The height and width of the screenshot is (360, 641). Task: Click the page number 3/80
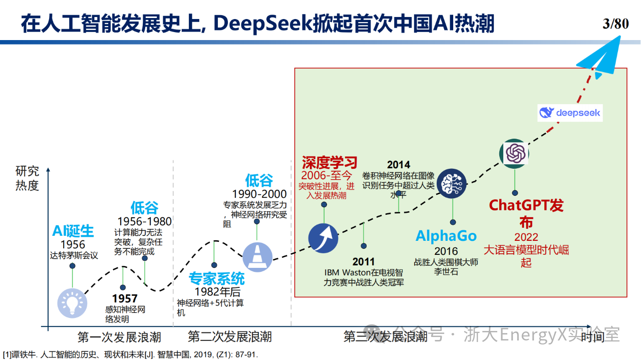click(x=615, y=24)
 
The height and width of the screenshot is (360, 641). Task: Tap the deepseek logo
click(x=570, y=113)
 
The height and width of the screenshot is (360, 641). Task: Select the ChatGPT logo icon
click(x=514, y=154)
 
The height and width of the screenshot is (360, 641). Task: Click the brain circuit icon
click(x=452, y=183)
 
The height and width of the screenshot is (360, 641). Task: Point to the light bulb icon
click(x=72, y=303)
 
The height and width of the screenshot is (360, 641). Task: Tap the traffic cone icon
click(x=257, y=257)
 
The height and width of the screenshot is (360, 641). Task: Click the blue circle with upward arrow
click(x=324, y=238)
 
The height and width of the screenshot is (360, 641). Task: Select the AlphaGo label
click(x=446, y=236)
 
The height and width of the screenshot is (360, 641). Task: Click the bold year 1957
click(x=125, y=299)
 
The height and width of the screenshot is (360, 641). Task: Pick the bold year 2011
click(x=364, y=262)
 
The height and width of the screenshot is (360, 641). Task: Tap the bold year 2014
click(x=399, y=165)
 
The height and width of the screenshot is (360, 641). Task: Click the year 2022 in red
click(x=526, y=237)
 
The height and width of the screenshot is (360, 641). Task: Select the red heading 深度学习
click(x=330, y=163)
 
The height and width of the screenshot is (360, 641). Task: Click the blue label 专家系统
click(x=217, y=279)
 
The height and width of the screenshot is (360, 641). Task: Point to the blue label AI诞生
click(x=73, y=231)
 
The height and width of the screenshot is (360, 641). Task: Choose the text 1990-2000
click(x=259, y=194)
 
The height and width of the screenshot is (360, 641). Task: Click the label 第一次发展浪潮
click(x=119, y=337)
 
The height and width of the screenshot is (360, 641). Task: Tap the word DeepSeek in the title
click(x=262, y=24)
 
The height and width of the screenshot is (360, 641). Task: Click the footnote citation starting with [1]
click(x=131, y=355)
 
